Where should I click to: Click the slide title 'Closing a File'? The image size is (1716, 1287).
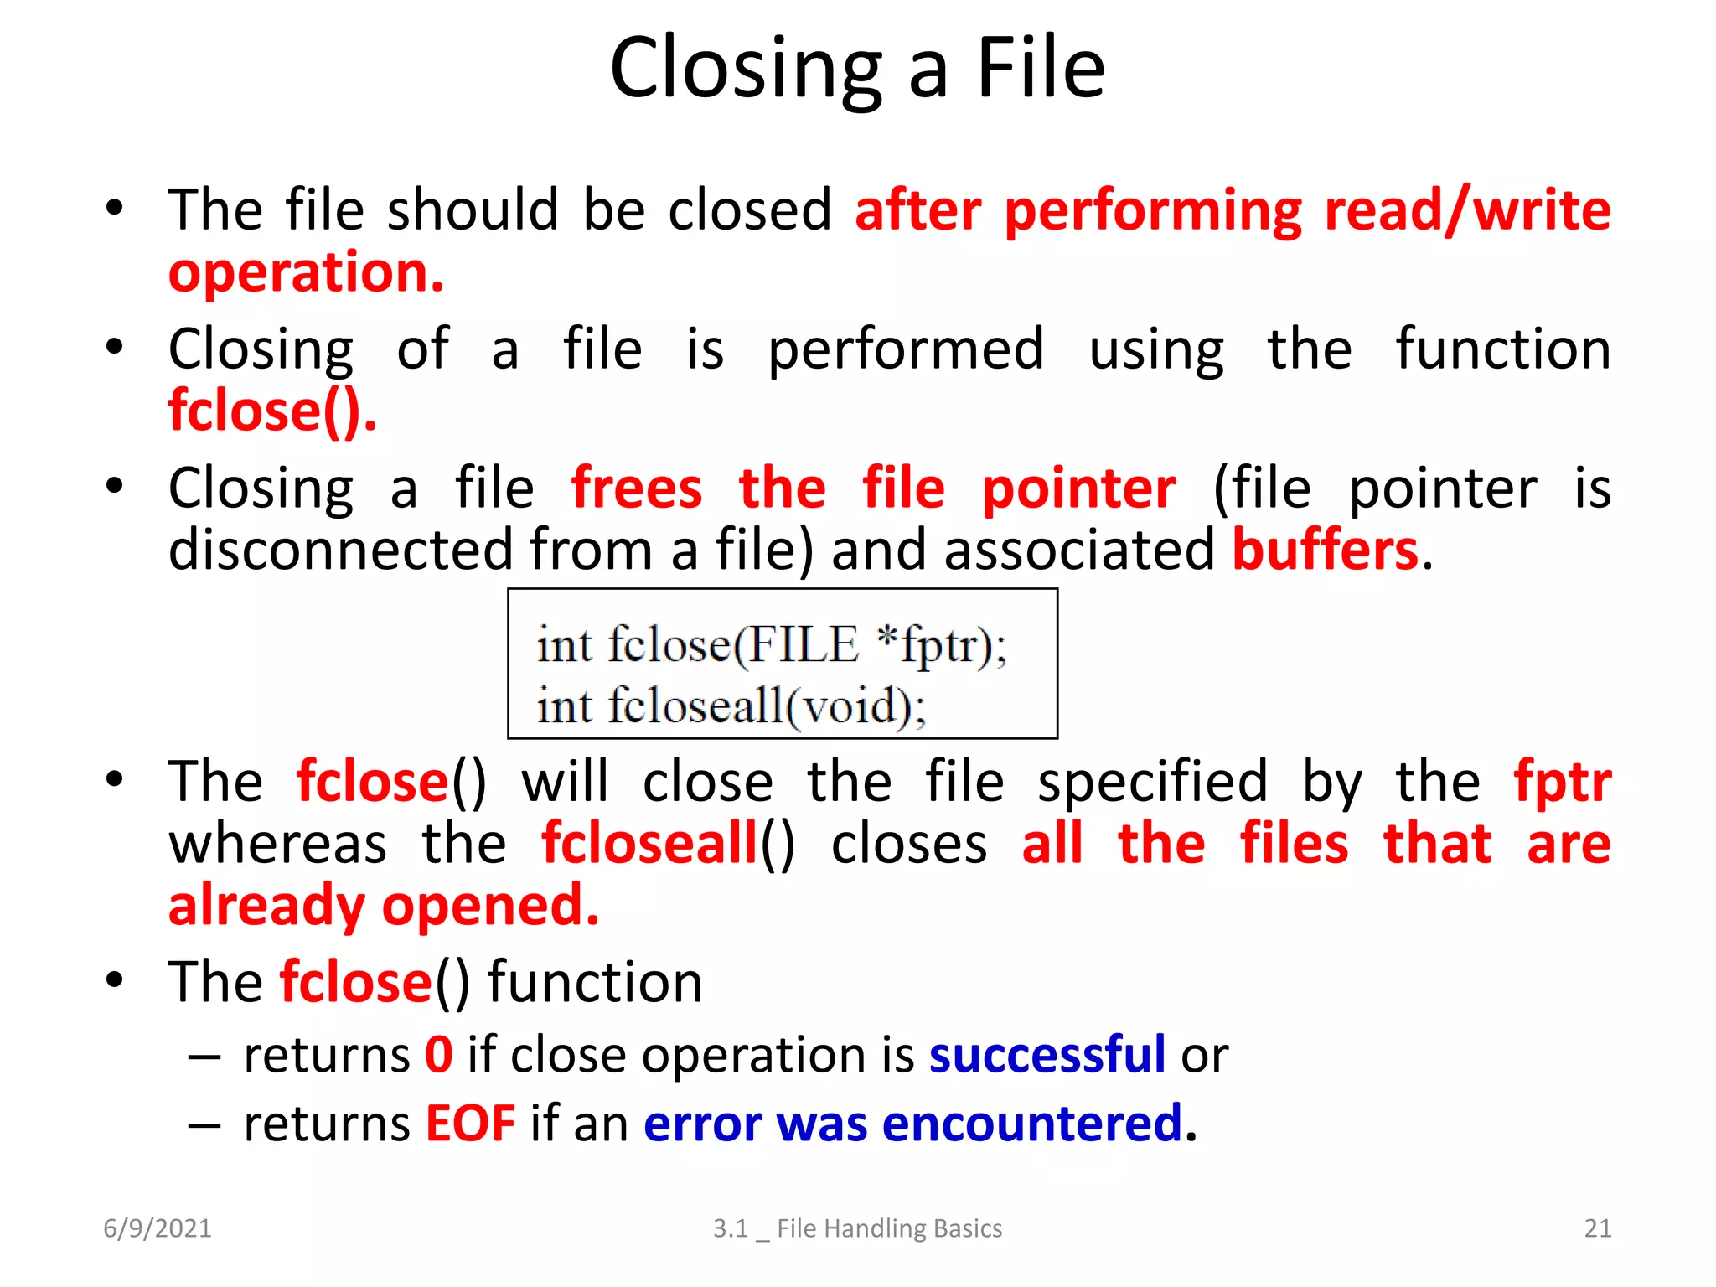pyautogui.click(x=857, y=69)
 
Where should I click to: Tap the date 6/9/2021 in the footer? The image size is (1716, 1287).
pyautogui.click(x=158, y=1228)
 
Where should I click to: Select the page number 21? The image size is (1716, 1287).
pyautogui.click(x=1597, y=1228)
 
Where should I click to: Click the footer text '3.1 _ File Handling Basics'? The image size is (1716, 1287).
pyautogui.click(x=857, y=1228)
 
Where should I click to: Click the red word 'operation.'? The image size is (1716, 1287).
pyautogui.click(x=306, y=273)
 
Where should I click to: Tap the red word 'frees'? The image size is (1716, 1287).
pyautogui.click(x=636, y=488)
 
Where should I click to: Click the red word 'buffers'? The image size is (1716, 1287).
pyautogui.click(x=1325, y=550)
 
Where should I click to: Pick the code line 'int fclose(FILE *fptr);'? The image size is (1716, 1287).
pyautogui.click(x=772, y=645)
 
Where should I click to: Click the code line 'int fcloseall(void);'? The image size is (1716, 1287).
pyautogui.click(x=731, y=706)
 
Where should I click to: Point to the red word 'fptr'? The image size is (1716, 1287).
pyautogui.click(x=1562, y=781)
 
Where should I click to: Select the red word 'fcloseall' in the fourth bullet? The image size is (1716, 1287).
pyautogui.click(x=649, y=843)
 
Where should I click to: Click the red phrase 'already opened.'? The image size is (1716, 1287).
pyautogui.click(x=384, y=906)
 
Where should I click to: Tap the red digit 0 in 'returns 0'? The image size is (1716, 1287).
pyautogui.click(x=439, y=1054)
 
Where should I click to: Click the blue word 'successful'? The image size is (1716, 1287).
pyautogui.click(x=1047, y=1054)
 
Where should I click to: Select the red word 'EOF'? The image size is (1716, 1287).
pyautogui.click(x=470, y=1124)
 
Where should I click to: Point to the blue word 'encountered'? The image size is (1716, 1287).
pyautogui.click(x=1031, y=1124)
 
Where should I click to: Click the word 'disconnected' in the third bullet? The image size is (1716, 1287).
pyautogui.click(x=340, y=550)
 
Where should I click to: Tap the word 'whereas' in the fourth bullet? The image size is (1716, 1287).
pyautogui.click(x=277, y=843)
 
